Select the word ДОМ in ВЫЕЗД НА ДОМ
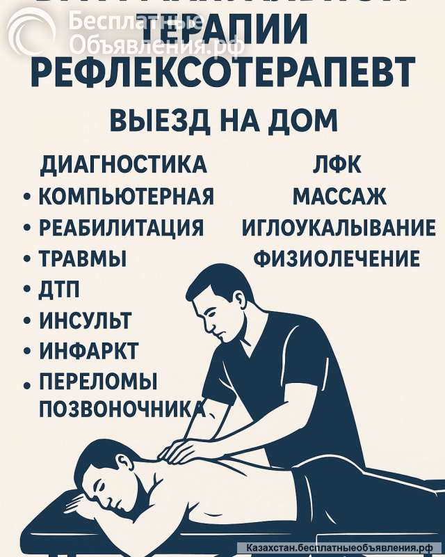point(302,120)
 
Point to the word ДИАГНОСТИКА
point(124,165)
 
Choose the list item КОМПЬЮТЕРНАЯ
point(126,196)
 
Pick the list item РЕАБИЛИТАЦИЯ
point(121,228)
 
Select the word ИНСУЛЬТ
point(85,321)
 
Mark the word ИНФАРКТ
point(88,351)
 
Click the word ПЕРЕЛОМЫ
point(98,382)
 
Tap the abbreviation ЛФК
point(337,165)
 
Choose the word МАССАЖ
point(339,196)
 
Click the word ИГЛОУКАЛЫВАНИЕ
point(339,228)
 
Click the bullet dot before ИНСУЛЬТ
point(27,322)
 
